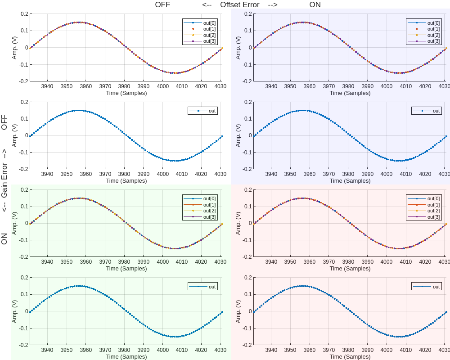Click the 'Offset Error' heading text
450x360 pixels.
(239, 5)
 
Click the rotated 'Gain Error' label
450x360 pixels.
(4, 180)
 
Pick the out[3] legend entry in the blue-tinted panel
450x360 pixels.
(433, 41)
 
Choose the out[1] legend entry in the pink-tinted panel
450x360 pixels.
(433, 205)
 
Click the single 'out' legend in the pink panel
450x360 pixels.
(436, 286)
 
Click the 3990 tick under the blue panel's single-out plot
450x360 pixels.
(367, 174)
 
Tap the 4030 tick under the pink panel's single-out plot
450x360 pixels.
(444, 350)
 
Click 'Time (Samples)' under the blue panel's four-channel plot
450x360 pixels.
(350, 93)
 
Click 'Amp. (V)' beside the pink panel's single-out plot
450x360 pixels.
(238, 311)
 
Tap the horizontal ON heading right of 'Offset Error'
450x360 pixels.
(315, 5)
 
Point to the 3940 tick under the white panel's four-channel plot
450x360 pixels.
(47, 86)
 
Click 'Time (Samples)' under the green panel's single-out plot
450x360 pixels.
(126, 356)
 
